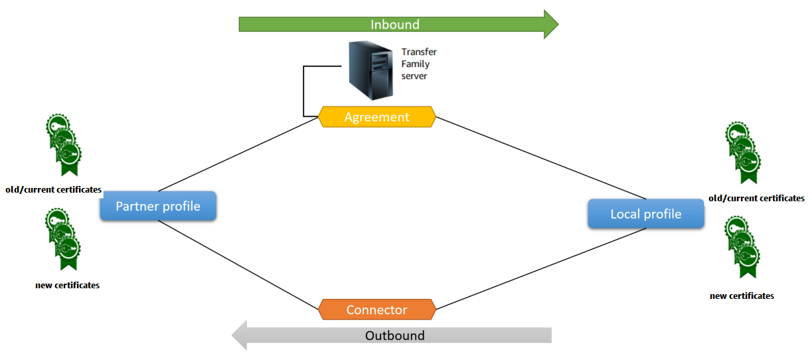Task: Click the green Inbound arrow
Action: coord(395,25)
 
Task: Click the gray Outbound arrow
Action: coord(395,335)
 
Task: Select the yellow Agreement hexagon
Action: coord(376,117)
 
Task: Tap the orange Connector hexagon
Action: coord(376,310)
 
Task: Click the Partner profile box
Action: coord(158,206)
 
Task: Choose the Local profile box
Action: coord(645,214)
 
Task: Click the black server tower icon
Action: coord(370,70)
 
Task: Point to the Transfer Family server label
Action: coord(419,64)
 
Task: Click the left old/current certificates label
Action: coord(53,190)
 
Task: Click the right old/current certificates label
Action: coord(756,198)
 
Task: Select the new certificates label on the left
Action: coord(67,285)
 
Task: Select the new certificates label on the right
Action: coord(742,296)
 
